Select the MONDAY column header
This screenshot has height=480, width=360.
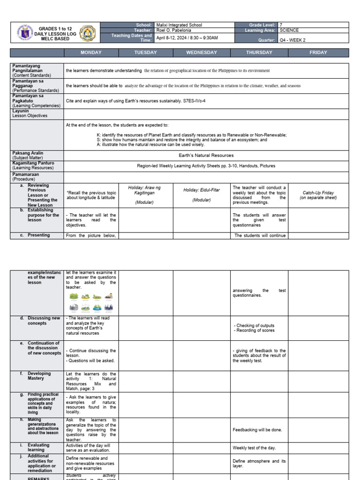click(x=91, y=52)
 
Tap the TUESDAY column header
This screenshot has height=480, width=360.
click(x=146, y=52)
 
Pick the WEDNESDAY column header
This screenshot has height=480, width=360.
click(x=202, y=52)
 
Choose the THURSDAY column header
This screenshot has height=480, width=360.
click(x=259, y=52)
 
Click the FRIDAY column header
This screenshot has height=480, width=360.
click(x=318, y=52)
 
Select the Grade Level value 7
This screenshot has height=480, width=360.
click(x=281, y=25)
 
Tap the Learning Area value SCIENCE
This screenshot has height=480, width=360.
click(x=289, y=30)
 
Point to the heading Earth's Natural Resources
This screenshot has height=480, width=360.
click(x=206, y=155)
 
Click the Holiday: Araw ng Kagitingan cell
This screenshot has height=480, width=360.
click(x=145, y=195)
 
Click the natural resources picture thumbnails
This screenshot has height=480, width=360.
click(x=91, y=302)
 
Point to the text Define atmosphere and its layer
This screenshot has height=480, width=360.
click(x=259, y=464)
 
